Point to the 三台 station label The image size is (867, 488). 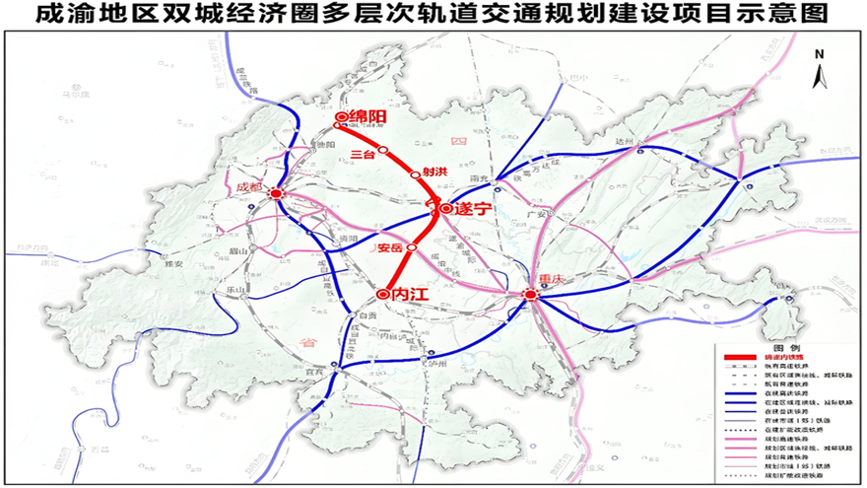[362, 154]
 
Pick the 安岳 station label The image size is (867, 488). [390, 247]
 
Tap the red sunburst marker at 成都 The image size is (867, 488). [277, 194]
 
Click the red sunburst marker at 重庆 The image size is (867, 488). [531, 295]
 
